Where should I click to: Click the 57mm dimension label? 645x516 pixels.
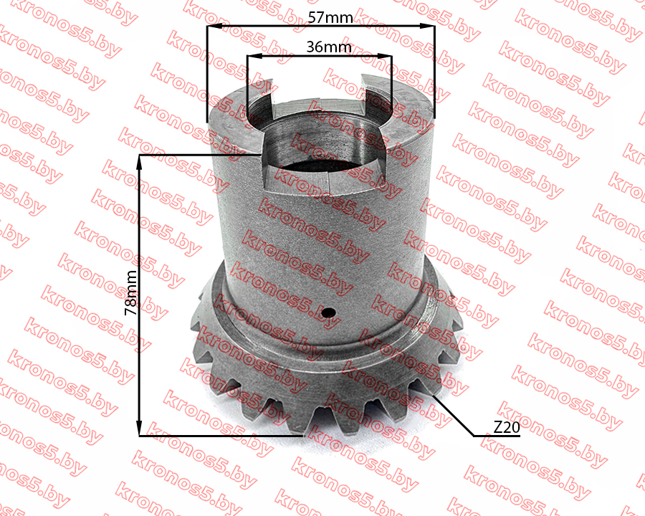click(x=330, y=18)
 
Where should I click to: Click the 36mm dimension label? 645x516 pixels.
click(x=329, y=47)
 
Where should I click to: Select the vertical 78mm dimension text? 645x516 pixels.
click(x=131, y=293)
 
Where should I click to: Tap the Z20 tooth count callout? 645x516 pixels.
click(x=507, y=428)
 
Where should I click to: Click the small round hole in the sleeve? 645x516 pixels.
click(x=328, y=312)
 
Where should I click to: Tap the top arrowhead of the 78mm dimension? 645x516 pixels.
click(x=140, y=163)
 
